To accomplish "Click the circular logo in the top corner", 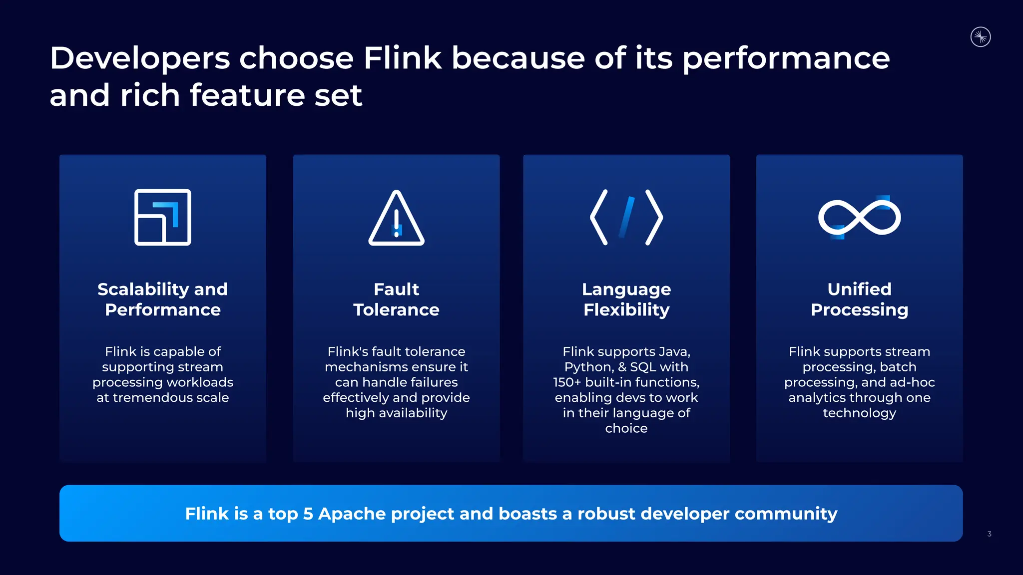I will coord(981,37).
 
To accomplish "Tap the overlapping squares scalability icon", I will coord(163,217).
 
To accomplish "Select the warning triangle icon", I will coord(397,218).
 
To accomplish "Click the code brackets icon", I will coord(626,217).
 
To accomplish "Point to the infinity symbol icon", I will coord(859,217).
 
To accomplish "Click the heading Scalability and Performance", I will coord(163,299).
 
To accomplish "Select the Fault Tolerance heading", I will coord(397,299).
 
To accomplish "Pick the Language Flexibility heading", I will coord(626,299).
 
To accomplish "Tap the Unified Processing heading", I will coord(859,299).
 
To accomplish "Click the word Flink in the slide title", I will coord(403,58).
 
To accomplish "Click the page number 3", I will coord(989,534).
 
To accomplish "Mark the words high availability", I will coord(397,413).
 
